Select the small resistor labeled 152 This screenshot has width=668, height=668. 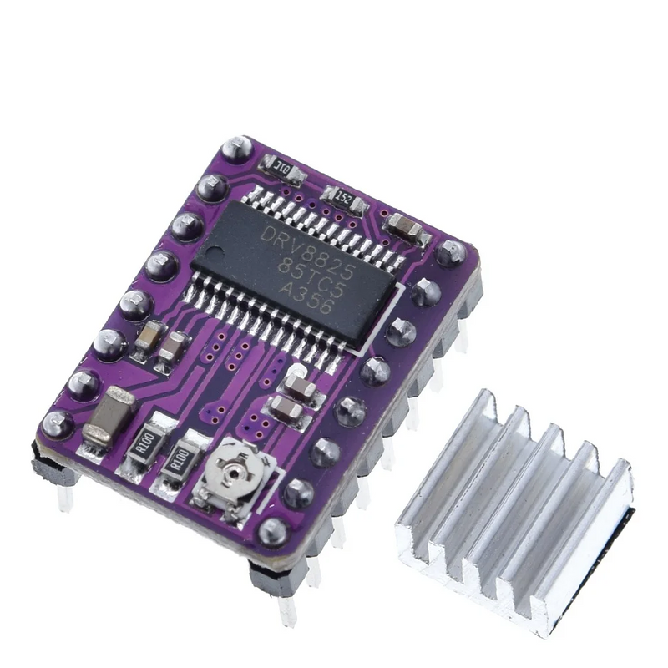pos(344,198)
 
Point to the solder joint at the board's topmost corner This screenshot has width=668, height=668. pos(237,149)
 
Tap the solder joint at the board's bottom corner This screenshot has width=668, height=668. pos(272,531)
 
